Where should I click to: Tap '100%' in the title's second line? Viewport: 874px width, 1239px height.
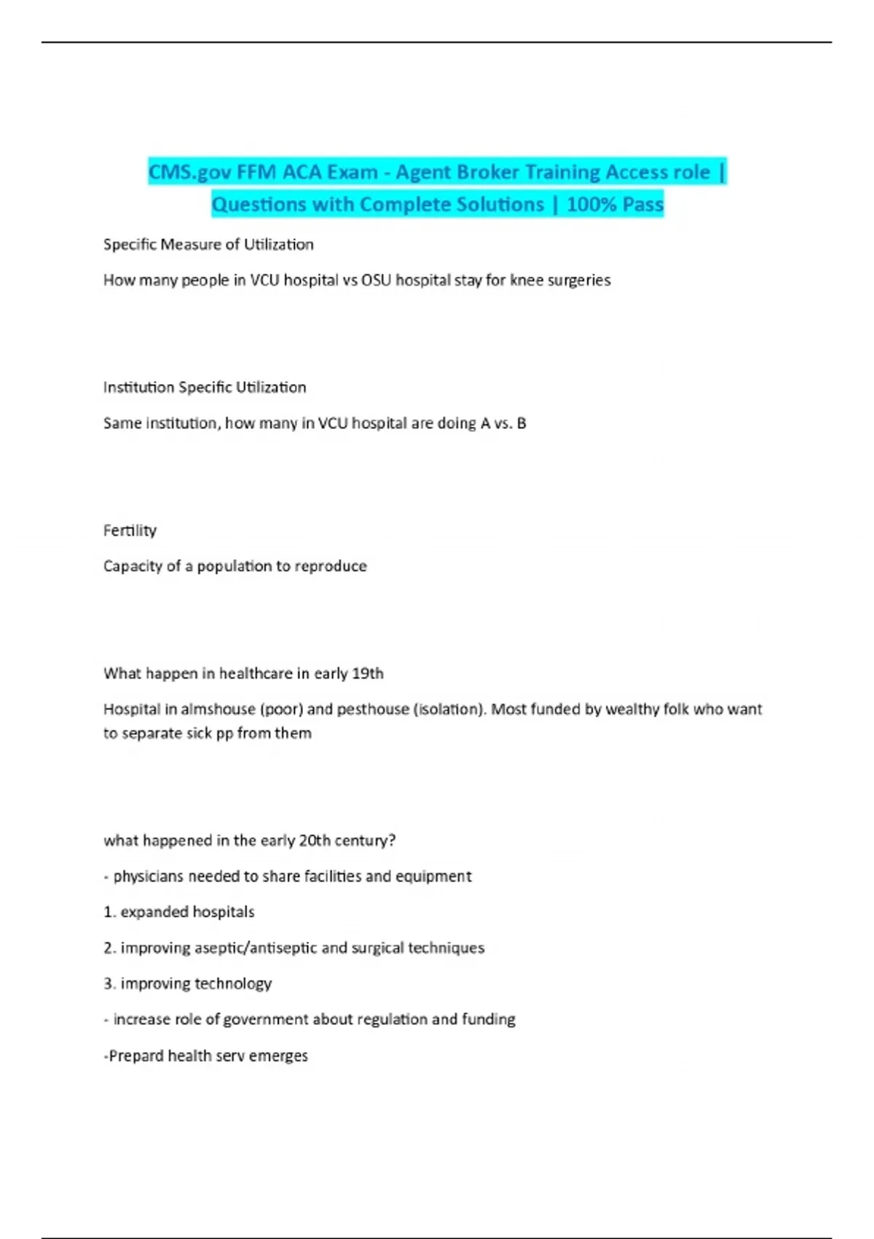587,205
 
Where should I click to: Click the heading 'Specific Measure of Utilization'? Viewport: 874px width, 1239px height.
208,245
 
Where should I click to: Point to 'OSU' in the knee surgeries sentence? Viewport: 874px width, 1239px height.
376,281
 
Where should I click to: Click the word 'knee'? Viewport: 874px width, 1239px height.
527,281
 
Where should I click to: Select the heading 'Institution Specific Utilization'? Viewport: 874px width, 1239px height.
205,388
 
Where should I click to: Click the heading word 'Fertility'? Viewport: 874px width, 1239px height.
130,531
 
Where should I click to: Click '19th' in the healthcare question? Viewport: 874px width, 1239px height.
367,673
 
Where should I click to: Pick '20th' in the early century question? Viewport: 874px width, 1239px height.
315,840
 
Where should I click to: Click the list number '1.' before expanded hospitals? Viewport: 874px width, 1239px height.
109,912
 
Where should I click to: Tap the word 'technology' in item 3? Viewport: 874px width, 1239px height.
233,984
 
